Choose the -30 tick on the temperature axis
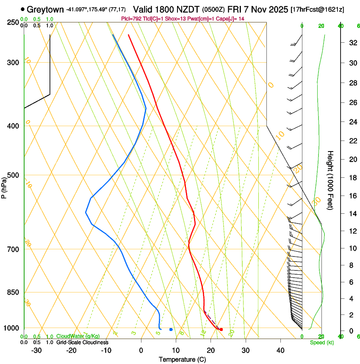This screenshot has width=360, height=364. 36,350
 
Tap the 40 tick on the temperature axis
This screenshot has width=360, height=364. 280,350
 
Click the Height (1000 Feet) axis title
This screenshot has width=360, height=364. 330,180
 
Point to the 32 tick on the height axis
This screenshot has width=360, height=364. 352,43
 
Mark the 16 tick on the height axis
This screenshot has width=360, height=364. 352,196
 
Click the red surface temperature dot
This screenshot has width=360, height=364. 221,329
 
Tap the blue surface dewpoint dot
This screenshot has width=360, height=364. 171,329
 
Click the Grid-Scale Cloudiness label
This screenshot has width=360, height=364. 82,342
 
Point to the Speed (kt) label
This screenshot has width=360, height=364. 321,342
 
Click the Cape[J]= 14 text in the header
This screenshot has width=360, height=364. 231,19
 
